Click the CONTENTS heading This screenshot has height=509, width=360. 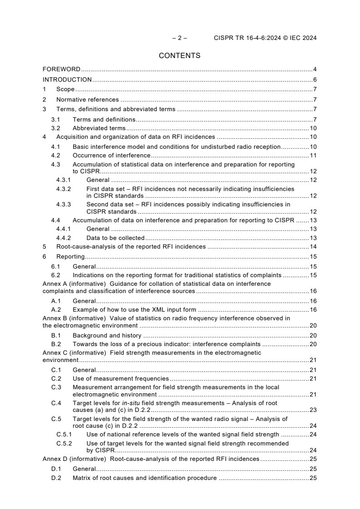179,56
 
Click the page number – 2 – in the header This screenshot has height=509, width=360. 179,38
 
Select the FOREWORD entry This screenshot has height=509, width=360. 61,69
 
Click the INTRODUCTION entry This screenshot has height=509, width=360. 67,80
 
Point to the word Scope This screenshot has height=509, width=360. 65,89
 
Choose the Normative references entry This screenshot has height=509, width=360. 87,99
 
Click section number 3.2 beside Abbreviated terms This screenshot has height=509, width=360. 55,128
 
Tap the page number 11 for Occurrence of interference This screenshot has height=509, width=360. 313,156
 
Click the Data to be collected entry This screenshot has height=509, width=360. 115,238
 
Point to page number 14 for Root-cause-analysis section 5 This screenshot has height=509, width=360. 313,247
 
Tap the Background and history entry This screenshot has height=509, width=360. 107,336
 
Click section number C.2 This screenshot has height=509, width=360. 56,378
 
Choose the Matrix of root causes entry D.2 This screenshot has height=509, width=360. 145,478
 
